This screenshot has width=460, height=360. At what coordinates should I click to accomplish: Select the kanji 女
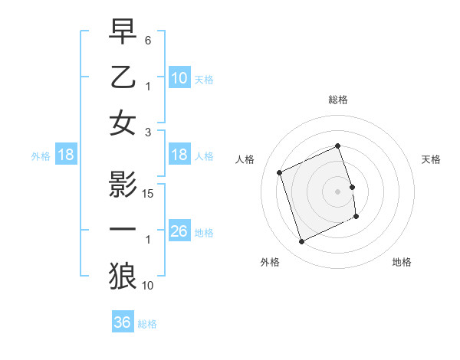point(123,125)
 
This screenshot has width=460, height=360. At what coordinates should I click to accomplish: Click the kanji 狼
point(123,277)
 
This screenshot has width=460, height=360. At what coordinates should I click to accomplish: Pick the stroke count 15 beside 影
point(149,194)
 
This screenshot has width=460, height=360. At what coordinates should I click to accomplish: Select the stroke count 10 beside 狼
point(149,286)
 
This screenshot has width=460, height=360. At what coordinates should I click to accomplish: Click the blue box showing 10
point(179,77)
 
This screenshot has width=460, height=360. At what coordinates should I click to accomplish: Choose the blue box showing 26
point(179,231)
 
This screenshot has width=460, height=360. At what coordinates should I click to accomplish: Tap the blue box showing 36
point(122,322)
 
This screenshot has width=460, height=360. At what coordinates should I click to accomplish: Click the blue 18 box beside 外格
point(66,155)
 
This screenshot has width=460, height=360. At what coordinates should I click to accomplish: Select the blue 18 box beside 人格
point(179,155)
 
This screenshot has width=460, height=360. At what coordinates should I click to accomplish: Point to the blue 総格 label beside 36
point(147,324)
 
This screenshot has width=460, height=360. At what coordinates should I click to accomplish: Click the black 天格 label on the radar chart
point(432,159)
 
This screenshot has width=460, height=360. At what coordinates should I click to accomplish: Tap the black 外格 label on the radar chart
point(270,262)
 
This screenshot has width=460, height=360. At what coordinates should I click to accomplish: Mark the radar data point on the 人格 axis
point(280,172)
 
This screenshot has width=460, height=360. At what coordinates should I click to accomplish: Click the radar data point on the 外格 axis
point(301,242)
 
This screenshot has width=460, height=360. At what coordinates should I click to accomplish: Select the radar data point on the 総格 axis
point(338,146)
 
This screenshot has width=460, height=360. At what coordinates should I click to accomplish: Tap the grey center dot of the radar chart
point(338,191)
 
